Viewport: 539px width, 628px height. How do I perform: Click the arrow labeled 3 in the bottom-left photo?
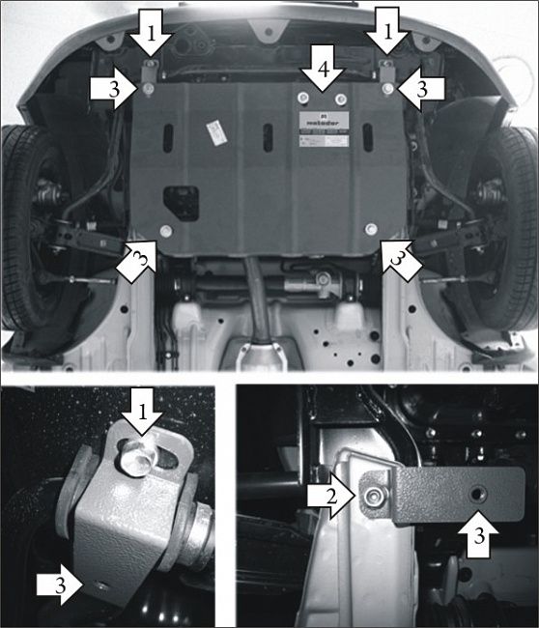[59, 582]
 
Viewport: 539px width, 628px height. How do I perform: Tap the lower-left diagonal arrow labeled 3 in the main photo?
[136, 260]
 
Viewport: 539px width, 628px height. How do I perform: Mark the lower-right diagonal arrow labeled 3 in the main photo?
[399, 258]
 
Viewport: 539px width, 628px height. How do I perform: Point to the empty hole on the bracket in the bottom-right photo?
[476, 493]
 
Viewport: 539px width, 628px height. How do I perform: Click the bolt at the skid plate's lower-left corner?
[167, 230]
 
